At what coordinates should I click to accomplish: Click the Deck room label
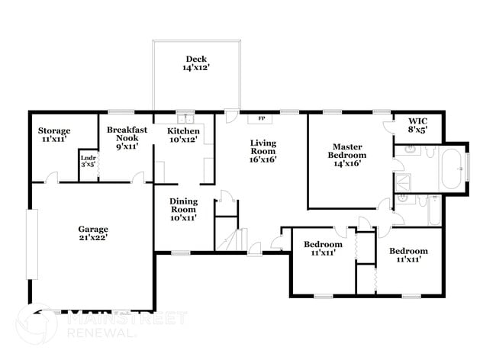[x=195, y=64]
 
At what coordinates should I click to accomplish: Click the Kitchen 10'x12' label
[x=184, y=136]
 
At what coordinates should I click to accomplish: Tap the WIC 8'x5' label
[x=418, y=125]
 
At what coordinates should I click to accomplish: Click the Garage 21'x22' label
[x=92, y=233]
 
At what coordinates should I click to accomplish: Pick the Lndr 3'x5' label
[x=89, y=161]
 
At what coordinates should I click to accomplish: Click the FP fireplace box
[x=262, y=118]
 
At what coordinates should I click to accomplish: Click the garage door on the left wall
[x=31, y=245]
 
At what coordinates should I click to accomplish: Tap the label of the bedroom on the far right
[x=408, y=255]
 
